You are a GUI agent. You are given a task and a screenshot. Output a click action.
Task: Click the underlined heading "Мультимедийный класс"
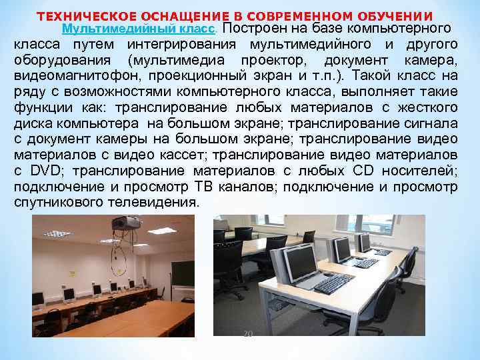tap(138, 29)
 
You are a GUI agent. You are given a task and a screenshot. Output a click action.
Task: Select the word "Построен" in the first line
tap(250, 29)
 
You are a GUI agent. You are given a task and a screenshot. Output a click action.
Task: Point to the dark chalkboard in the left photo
tap(180, 273)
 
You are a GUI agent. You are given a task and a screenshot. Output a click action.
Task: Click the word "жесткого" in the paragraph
tap(427, 107)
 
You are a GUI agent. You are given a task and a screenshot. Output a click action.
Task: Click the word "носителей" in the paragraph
tap(423, 171)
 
